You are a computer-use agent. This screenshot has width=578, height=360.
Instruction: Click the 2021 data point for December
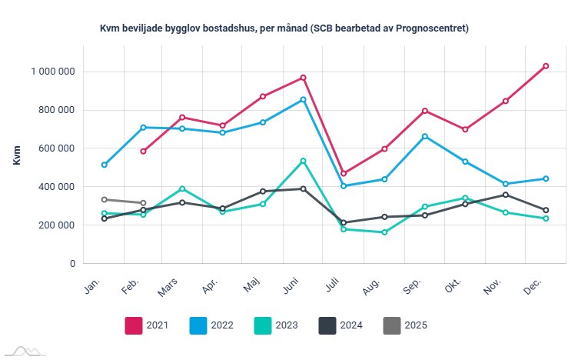[546, 66]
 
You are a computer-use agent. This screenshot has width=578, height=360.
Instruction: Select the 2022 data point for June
[304, 99]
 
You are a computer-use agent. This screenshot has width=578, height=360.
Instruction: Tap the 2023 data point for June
[304, 161]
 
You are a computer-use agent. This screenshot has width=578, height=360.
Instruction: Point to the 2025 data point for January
[104, 199]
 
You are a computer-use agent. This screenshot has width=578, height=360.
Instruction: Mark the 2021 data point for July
[344, 174]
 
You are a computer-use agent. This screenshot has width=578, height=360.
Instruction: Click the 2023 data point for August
[384, 232]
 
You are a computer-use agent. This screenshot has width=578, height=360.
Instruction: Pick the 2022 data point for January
[104, 165]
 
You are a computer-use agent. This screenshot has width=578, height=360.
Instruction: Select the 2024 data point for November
[505, 195]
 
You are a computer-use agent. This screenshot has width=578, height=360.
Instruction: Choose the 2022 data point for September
[424, 136]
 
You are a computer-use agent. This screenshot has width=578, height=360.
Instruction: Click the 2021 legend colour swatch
[135, 325]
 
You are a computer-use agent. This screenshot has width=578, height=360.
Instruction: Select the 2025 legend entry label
[416, 325]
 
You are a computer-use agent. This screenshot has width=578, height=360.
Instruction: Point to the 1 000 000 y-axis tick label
[53, 72]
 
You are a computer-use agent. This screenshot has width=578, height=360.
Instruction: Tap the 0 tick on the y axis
[72, 264]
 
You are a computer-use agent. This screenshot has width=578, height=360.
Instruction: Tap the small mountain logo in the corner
[23, 352]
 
